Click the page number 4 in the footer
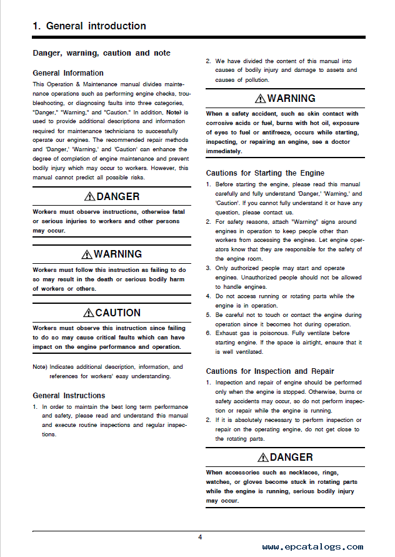pos(200,537)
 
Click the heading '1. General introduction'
pos(89,26)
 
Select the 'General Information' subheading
pos(68,73)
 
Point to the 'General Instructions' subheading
pos(69,396)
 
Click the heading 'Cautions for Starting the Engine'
pos(265,173)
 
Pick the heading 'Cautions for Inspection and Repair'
pos(270,371)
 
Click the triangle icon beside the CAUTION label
pos(89,313)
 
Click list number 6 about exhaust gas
pos(209,334)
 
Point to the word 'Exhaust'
pos(229,334)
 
